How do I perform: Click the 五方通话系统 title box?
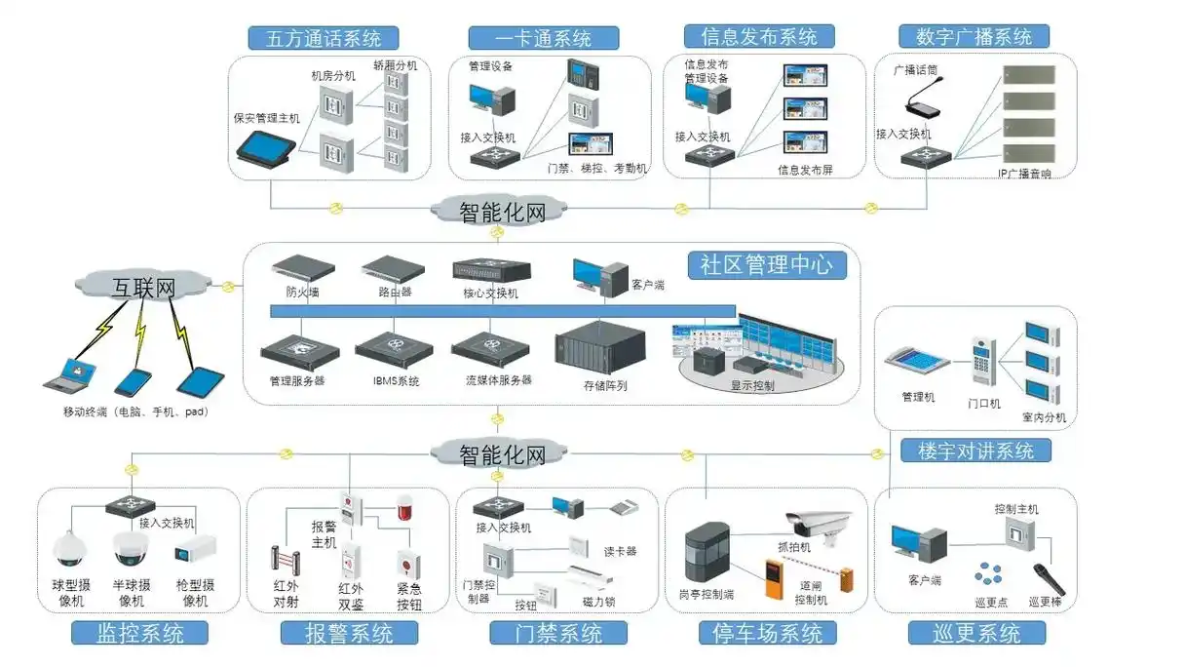coord(322,38)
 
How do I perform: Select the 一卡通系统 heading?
coord(543,38)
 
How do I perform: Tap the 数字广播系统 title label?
coord(974,37)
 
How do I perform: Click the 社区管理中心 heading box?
coord(766,265)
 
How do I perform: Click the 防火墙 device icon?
coord(303,266)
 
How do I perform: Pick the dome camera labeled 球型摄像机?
coord(69,551)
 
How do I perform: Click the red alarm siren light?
coord(404,508)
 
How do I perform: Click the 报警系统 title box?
coord(350,633)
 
